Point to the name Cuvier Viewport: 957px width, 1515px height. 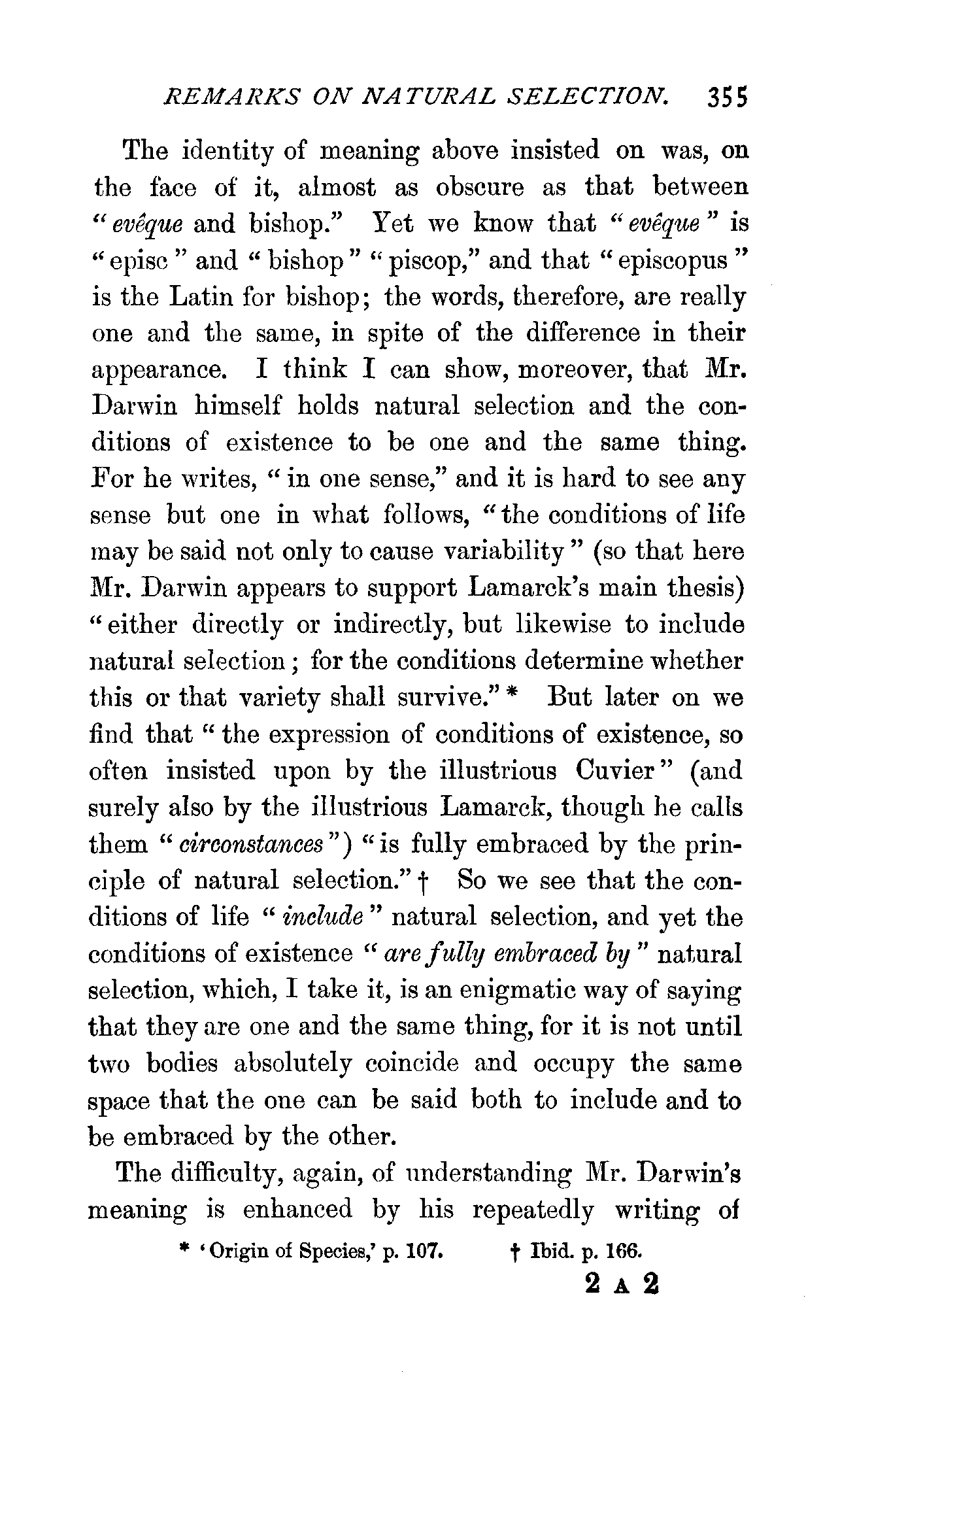[x=614, y=771]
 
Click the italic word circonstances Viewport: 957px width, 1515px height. [x=252, y=845]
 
